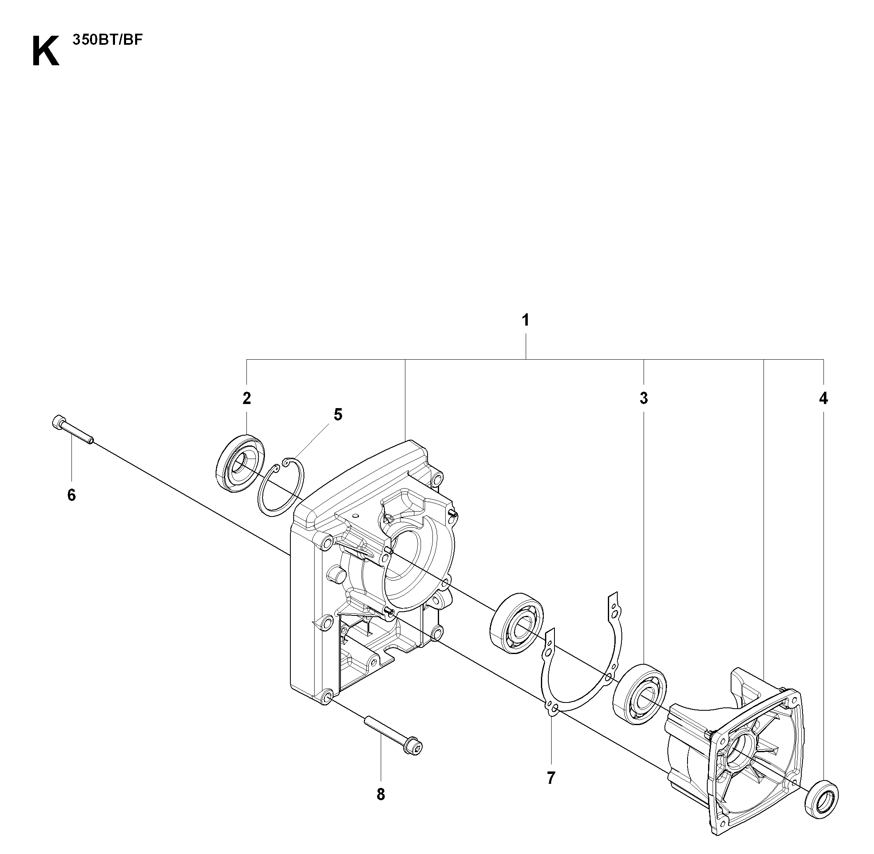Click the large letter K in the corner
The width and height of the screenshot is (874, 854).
(x=46, y=52)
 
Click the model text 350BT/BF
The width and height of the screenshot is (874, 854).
(x=107, y=40)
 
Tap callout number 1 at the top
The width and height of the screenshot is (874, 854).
(x=525, y=320)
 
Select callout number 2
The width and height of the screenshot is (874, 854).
(x=247, y=398)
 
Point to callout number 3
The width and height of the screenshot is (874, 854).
(x=644, y=398)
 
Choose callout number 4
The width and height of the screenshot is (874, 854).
(x=823, y=398)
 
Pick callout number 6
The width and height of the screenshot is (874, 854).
(x=72, y=495)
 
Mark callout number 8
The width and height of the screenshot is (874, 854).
(x=380, y=794)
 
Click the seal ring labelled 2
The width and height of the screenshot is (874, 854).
(x=240, y=463)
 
